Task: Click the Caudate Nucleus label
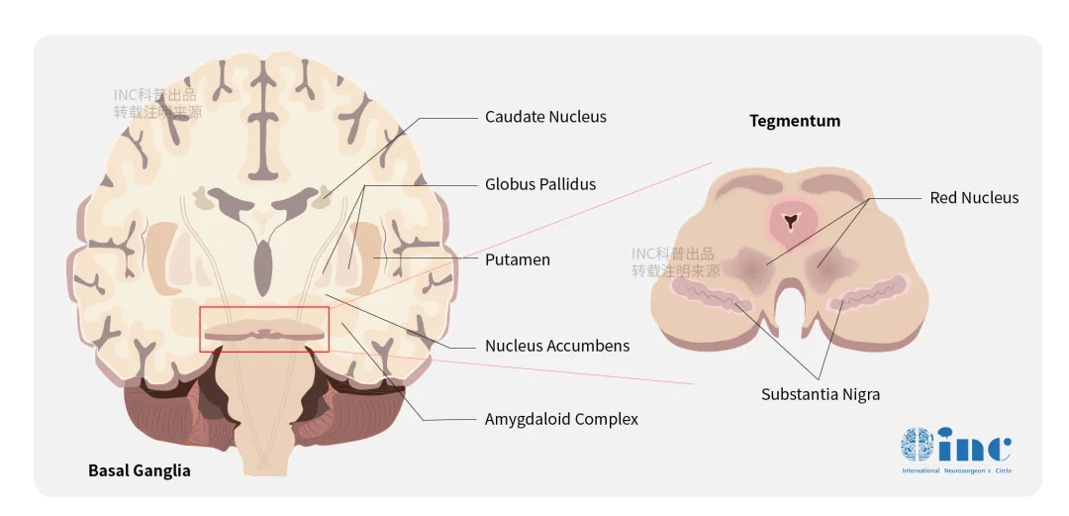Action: tap(545, 117)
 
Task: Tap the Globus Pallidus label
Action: tap(540, 184)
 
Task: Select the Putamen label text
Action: tap(518, 259)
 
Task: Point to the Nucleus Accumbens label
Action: tap(557, 346)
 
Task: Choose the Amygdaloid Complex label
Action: tap(561, 418)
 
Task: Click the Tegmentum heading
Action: tap(795, 121)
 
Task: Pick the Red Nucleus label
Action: tap(974, 198)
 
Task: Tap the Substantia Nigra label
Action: tap(821, 394)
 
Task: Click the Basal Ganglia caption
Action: tap(140, 470)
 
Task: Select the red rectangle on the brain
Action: tap(264, 307)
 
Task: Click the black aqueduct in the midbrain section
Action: tap(791, 221)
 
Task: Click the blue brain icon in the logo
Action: tap(917, 446)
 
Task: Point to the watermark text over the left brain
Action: tap(157, 104)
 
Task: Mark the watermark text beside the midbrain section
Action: tap(675, 262)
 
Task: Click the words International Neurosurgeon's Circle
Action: tap(956, 471)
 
